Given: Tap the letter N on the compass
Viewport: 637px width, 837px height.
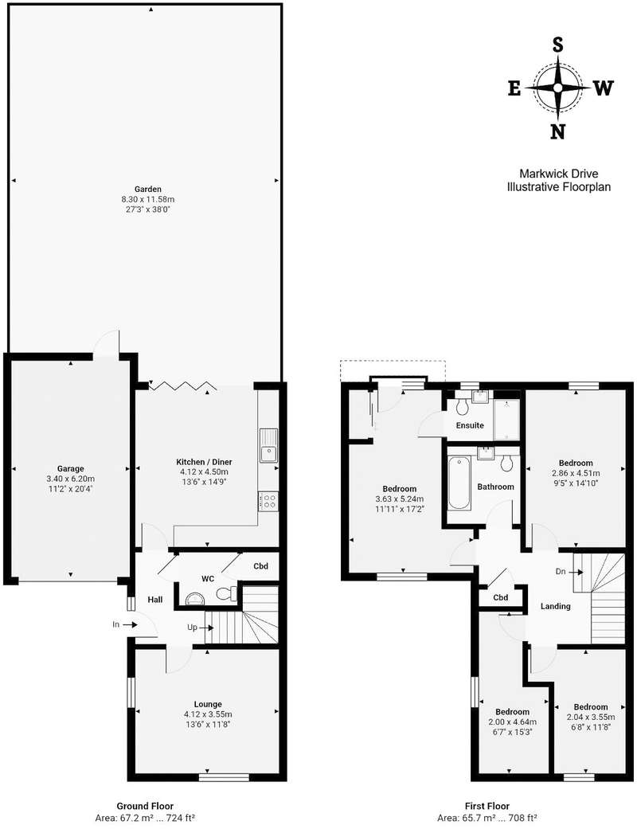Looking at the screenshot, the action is point(557,131).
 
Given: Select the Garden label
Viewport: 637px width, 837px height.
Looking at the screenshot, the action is point(148,189).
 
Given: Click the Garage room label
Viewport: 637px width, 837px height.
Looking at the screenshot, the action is point(70,469).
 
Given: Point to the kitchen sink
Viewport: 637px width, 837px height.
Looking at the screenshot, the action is point(268,445).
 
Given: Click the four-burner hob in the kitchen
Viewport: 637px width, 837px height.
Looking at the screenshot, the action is point(268,501).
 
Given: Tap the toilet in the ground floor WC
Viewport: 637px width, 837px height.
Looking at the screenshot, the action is point(227,593).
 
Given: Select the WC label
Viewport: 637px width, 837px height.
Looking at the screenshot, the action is point(208,579).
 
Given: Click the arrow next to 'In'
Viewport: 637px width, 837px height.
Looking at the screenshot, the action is point(131,624).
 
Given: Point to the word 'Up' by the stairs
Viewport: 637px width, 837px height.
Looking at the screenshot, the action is point(192,628).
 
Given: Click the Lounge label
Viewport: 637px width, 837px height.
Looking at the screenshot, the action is point(208,704).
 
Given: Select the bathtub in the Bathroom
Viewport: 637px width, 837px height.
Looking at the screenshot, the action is point(459,483).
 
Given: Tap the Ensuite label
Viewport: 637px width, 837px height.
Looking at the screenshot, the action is point(470,425).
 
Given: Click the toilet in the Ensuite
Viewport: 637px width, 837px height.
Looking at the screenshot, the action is point(462,406).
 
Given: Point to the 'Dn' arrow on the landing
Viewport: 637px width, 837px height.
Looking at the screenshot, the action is point(576,572).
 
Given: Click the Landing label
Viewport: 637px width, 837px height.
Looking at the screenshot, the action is point(555,606).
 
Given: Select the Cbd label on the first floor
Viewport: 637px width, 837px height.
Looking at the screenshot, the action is point(500,597).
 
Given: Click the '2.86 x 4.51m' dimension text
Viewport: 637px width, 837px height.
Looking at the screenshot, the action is point(576,473).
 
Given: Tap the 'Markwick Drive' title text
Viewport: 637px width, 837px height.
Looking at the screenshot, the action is point(559,174).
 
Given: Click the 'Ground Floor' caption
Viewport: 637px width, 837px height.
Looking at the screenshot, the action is point(145,806).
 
